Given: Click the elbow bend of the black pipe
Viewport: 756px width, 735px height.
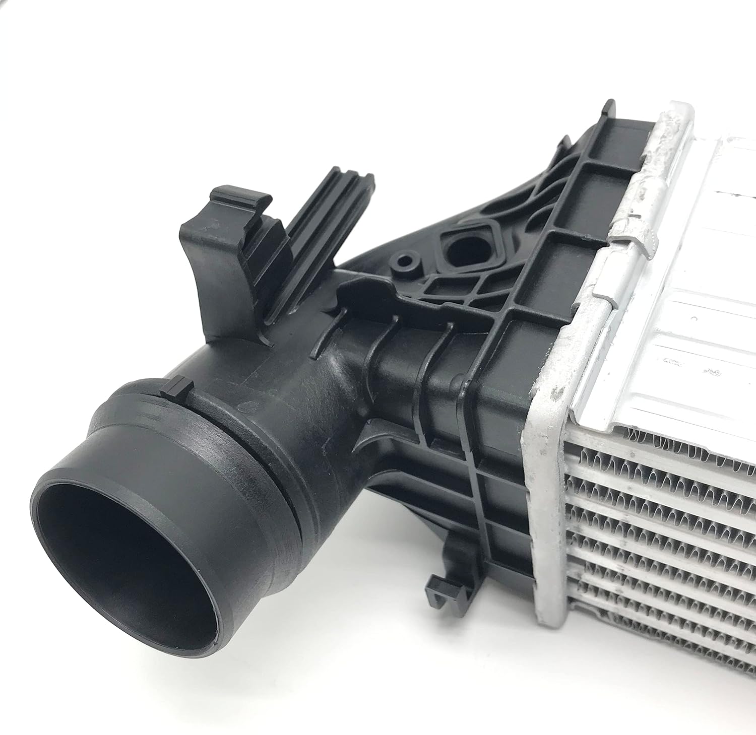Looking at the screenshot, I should tap(323, 383).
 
